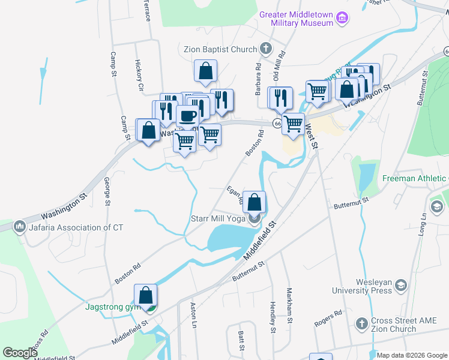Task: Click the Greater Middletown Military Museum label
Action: pos(296,19)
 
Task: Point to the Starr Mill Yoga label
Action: pos(217,218)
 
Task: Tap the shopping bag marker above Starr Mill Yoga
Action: pos(255,202)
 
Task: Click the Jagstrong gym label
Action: pos(112,307)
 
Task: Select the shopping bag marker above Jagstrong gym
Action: pos(145,295)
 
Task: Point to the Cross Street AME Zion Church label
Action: pos(393,325)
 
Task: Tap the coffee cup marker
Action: pos(187,116)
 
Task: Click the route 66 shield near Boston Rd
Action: pos(277,123)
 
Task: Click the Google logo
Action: pos(20,353)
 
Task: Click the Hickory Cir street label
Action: pos(140,76)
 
